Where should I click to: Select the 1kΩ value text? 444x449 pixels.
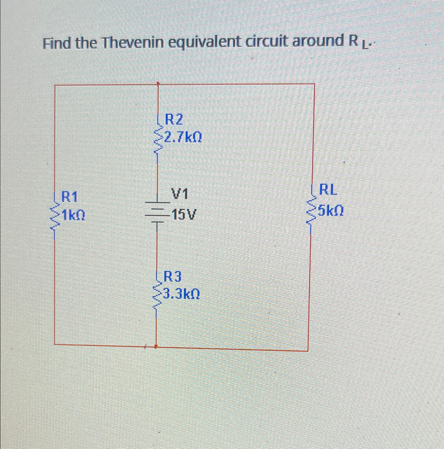[x=74, y=215]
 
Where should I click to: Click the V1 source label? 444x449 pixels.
[x=179, y=194]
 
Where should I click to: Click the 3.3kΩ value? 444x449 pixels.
[x=181, y=294]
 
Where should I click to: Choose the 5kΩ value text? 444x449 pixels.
[x=331, y=211]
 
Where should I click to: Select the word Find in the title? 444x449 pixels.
[x=57, y=44]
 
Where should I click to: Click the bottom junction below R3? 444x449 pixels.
[x=156, y=347]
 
